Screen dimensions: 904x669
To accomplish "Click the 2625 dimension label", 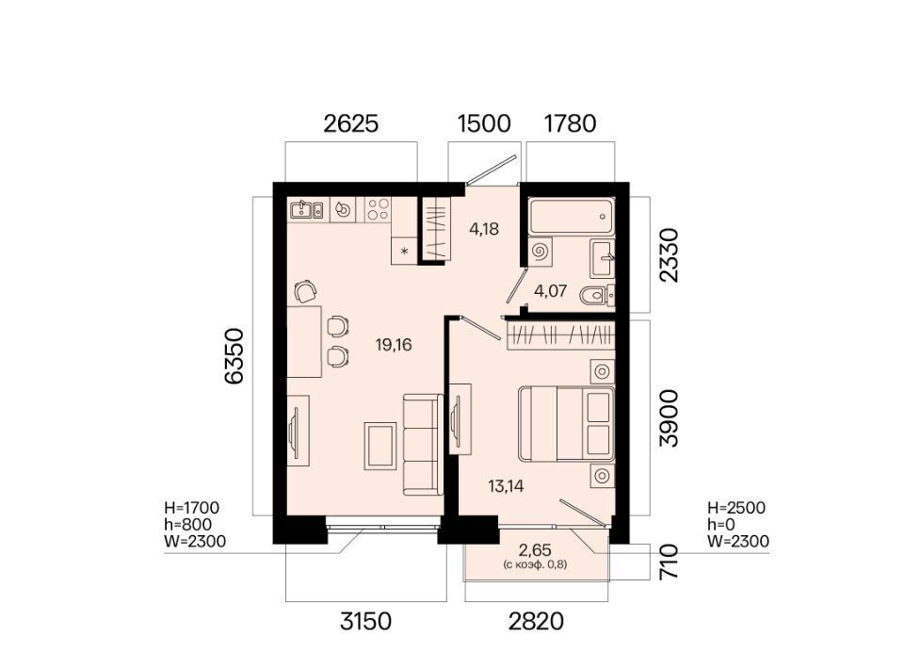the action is (350, 123).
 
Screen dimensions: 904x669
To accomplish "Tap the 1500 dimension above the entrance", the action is (484, 123).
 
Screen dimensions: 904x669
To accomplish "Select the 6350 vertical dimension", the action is (234, 356).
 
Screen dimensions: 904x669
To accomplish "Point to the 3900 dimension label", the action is (670, 418).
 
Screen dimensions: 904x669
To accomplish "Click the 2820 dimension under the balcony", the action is (536, 621).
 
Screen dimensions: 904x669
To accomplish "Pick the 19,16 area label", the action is (394, 345).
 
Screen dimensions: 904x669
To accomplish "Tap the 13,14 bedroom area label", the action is (506, 486).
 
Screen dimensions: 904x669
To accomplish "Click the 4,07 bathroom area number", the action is (550, 290).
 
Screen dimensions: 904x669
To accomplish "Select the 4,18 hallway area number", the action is (484, 229).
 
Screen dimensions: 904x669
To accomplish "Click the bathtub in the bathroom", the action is (572, 216).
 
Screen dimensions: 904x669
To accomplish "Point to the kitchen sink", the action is (307, 209).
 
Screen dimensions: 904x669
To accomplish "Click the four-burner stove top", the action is (378, 209).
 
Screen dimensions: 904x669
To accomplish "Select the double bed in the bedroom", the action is (566, 424).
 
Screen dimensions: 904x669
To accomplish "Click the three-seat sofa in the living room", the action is (423, 445).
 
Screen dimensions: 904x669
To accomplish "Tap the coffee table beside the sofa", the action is (379, 445).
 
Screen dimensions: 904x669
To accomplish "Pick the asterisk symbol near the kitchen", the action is (404, 251).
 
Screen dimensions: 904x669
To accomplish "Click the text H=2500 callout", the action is (736, 508).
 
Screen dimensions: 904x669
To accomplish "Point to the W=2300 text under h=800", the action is (195, 542).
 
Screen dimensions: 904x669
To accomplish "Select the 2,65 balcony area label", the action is (535, 548).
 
